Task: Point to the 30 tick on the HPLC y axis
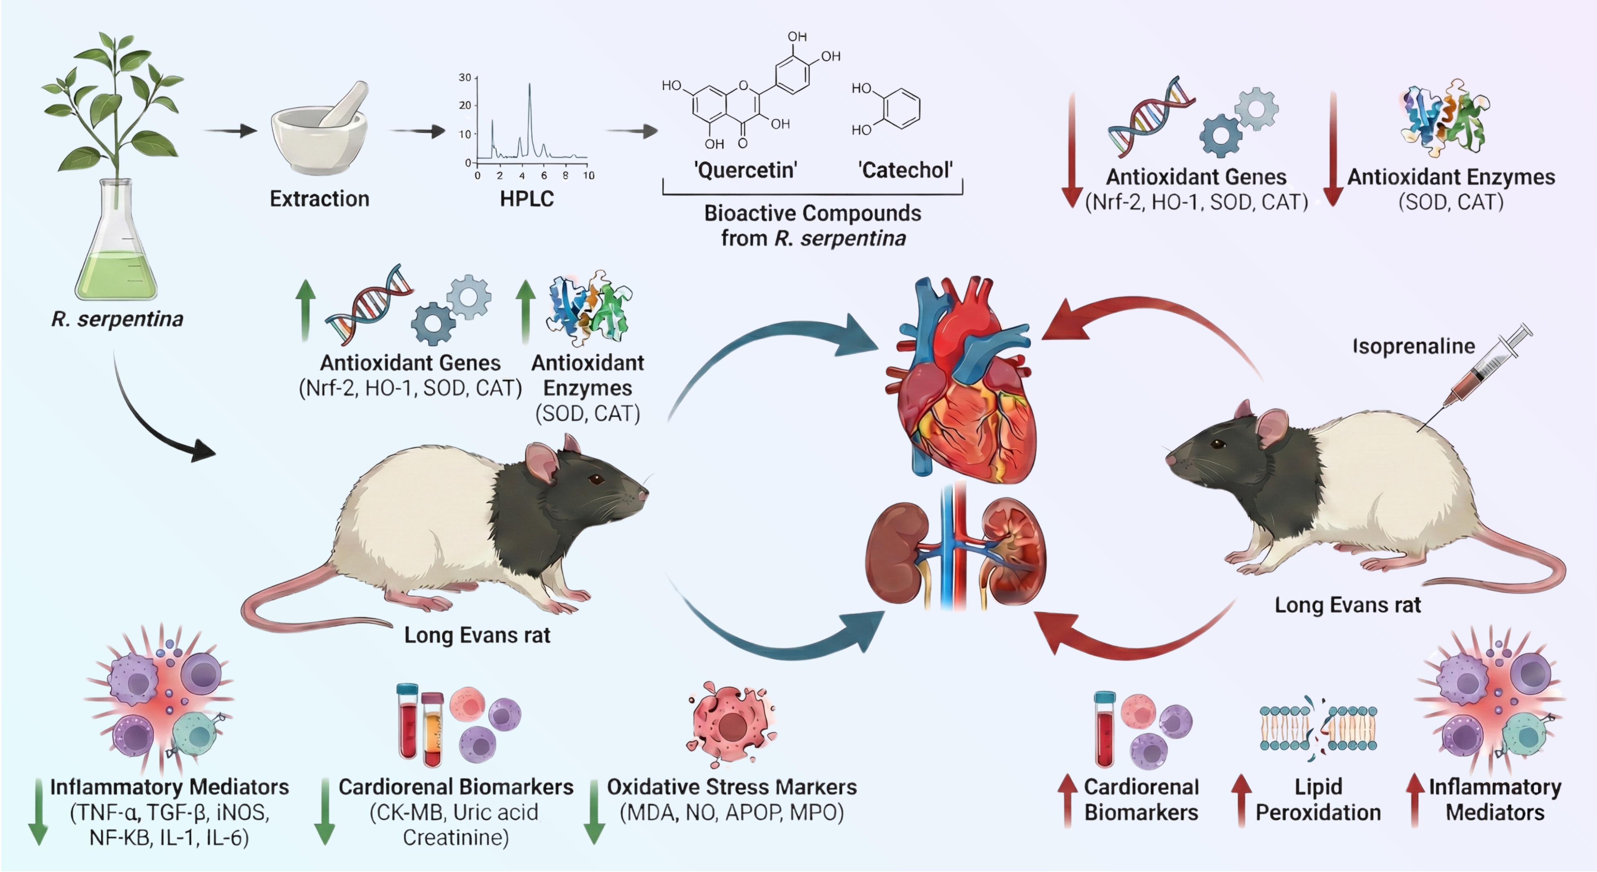[465, 78]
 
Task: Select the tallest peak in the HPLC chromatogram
[529, 87]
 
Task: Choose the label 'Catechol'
[905, 170]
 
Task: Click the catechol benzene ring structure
[901, 109]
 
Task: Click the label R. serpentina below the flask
[117, 319]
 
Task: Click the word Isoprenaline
[1413, 346]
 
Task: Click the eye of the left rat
[596, 479]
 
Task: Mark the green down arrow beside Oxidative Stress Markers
[594, 812]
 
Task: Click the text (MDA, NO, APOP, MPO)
[732, 812]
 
